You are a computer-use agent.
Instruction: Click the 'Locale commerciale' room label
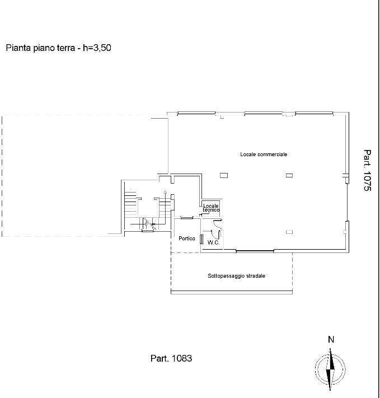(264, 154)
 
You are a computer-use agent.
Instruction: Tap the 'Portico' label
(187, 238)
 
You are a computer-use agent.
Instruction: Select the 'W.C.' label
(213, 242)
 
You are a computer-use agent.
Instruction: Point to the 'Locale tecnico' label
(211, 208)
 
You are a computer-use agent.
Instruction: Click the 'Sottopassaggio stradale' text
(237, 276)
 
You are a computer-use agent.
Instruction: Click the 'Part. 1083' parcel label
(171, 358)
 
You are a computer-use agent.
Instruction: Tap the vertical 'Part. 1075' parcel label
(367, 170)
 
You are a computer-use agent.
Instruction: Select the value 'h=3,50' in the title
(97, 48)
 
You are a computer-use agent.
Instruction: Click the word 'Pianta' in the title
(18, 48)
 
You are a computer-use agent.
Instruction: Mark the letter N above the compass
(331, 339)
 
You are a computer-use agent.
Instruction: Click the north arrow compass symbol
(330, 369)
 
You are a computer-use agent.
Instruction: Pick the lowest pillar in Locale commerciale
(289, 232)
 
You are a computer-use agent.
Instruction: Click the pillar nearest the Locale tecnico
(224, 175)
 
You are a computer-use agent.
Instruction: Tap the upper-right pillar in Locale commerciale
(289, 175)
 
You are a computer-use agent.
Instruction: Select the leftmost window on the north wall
(196, 113)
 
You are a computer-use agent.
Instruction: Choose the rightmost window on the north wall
(315, 113)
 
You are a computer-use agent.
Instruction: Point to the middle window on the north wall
(263, 113)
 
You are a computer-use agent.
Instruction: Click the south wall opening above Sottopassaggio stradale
(255, 251)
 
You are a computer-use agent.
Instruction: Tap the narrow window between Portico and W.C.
(201, 240)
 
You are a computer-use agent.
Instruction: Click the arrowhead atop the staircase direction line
(165, 192)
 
